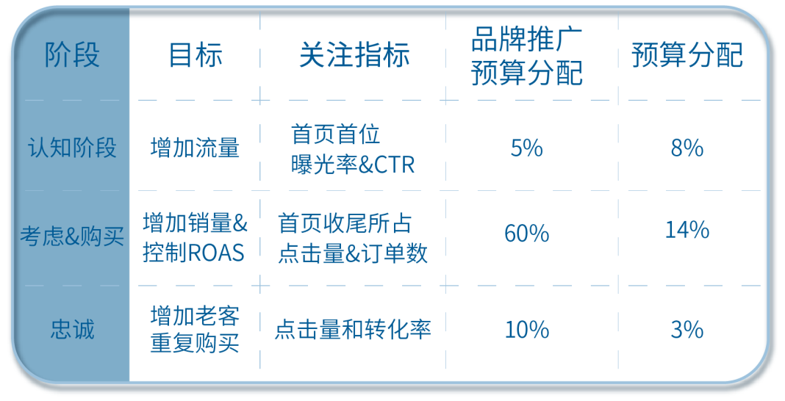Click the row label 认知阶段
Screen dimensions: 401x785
72,148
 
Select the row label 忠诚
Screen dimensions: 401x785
72,329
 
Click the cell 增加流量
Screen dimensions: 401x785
195,148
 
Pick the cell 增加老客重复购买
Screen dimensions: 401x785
195,329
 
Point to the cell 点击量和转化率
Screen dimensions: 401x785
353,329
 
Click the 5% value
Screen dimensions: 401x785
526,148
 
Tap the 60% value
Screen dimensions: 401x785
526,234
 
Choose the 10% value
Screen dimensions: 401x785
526,330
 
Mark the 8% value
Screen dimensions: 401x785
687,148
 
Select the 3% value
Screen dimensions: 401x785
687,330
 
